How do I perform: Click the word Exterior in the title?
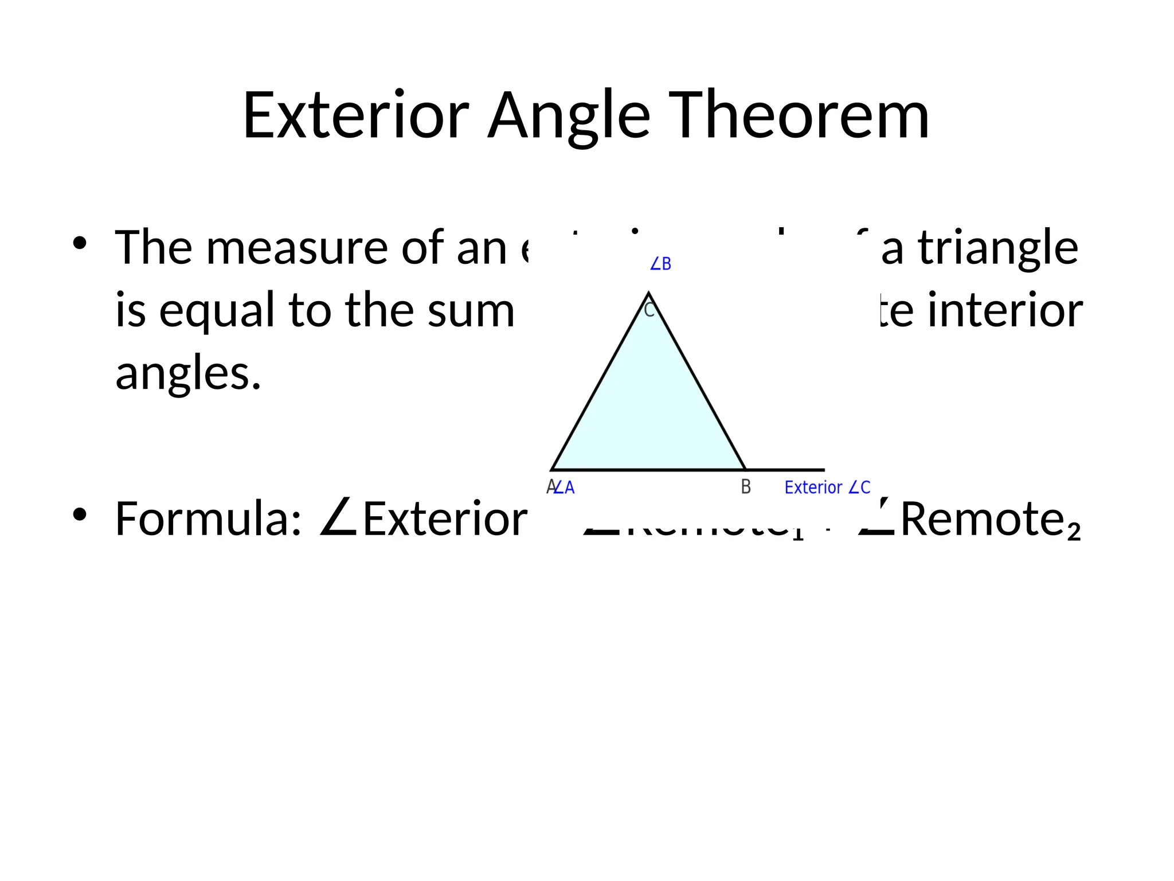(x=356, y=116)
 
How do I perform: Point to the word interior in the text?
(x=1005, y=310)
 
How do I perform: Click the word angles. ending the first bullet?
(x=188, y=374)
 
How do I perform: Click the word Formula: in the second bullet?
(x=209, y=519)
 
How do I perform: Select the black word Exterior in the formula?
(x=445, y=519)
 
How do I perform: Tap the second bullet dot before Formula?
(x=80, y=514)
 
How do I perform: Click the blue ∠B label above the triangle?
(x=660, y=264)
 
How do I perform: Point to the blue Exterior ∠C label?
(x=827, y=488)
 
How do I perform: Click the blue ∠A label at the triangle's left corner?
(x=565, y=488)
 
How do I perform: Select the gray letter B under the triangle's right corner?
(x=746, y=487)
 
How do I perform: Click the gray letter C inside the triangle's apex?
(x=649, y=310)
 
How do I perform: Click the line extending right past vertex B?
(x=785, y=470)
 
